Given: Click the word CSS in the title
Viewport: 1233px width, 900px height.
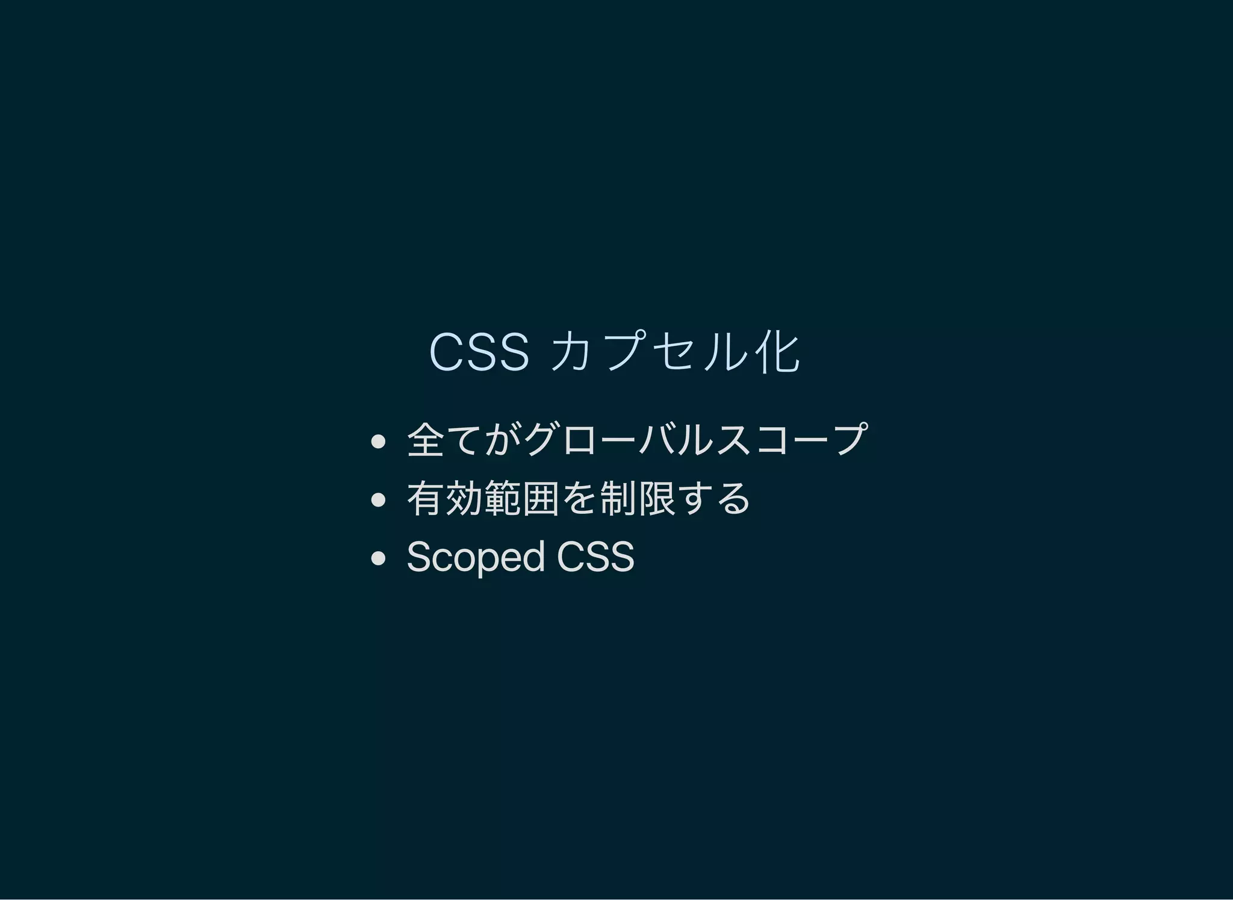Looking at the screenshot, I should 479,352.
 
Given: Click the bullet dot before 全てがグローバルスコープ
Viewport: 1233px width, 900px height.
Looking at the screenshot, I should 378,442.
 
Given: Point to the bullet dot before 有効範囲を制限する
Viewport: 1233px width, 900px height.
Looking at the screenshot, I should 378,499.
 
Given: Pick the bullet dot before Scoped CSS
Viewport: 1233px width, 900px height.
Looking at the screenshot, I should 378,558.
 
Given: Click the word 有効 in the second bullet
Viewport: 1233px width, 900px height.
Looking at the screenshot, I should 445,499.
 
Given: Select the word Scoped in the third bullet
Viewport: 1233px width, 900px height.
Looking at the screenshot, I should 476,557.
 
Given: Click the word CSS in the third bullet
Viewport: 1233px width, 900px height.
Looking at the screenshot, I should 595,557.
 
